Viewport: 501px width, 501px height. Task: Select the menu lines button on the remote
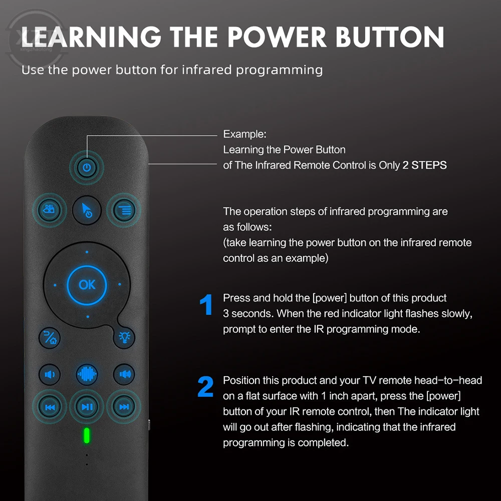click(124, 210)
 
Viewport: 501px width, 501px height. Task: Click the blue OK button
click(87, 285)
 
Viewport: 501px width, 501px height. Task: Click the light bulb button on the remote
click(124, 337)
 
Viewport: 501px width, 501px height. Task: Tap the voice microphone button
click(87, 374)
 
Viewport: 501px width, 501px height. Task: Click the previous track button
click(50, 407)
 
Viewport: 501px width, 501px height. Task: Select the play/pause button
click(87, 407)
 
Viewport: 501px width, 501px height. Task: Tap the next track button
click(124, 407)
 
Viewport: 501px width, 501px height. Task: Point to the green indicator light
click(87, 436)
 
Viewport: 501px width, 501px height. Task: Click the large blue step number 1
click(206, 306)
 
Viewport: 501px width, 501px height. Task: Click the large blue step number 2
click(205, 388)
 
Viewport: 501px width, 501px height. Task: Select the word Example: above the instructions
click(244, 134)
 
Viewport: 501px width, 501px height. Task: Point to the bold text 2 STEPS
click(424, 165)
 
